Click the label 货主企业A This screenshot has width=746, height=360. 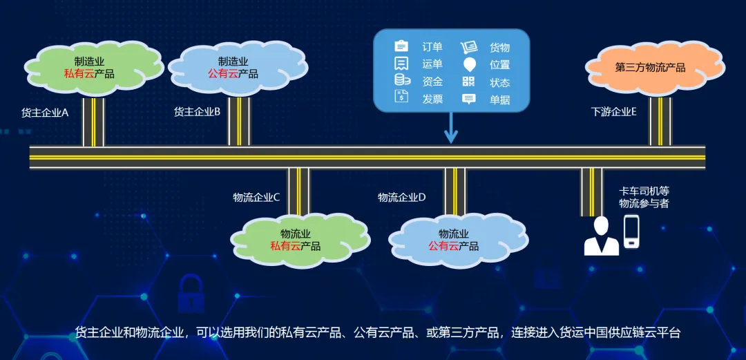tap(45, 112)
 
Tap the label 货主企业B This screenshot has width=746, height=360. tap(197, 111)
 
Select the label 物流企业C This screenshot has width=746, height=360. tap(256, 197)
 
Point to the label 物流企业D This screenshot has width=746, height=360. tap(401, 197)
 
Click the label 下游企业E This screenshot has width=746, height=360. tap(614, 111)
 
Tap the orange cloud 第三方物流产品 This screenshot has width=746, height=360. tap(650, 68)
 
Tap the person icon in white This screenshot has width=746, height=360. tap(601, 236)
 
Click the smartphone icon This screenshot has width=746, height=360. tap(632, 231)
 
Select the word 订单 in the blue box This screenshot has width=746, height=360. tap(432, 47)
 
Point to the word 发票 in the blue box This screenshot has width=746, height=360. tap(432, 99)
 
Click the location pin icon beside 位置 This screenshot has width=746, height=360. tap(469, 64)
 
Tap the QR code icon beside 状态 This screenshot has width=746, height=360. tap(469, 82)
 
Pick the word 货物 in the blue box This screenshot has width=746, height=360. tap(499, 47)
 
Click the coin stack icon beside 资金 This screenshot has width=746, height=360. tap(401, 81)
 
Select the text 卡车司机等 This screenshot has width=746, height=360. tap(644, 190)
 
